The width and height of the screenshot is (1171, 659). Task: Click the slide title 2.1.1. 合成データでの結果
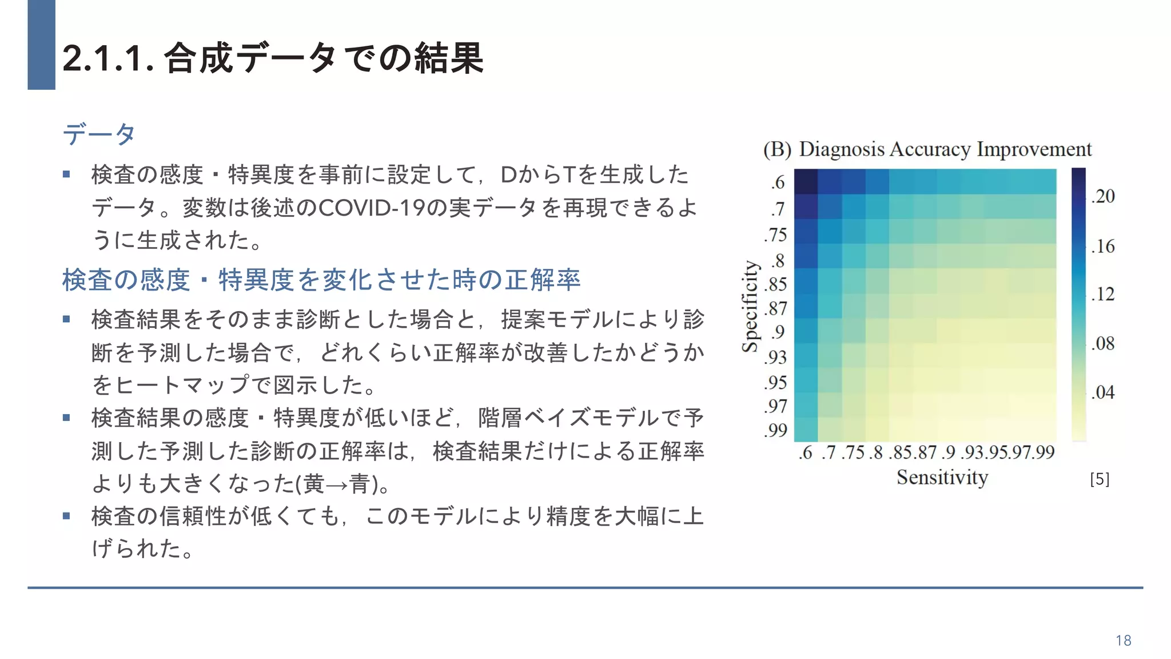pos(273,58)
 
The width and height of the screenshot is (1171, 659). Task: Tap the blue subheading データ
pos(99,134)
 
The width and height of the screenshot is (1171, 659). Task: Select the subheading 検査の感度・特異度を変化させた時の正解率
pos(321,280)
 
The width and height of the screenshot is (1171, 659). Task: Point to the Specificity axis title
pos(750,306)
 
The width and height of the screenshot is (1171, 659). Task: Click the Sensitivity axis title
pos(942,477)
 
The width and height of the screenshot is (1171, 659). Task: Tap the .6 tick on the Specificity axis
pos(778,182)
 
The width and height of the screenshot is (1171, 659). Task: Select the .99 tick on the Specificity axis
pos(775,430)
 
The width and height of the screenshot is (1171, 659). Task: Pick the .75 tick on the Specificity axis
pos(775,235)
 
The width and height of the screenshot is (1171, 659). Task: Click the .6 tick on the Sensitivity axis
pos(805,452)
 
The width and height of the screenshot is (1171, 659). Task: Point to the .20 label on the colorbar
pos(1103,196)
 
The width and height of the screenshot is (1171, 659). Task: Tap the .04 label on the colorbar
pos(1103,392)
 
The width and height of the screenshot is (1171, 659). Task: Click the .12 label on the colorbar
pos(1103,294)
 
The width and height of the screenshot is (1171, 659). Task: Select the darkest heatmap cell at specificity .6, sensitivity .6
pos(806,182)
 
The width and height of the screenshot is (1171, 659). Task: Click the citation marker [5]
pos(1100,479)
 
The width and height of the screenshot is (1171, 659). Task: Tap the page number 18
pos(1123,641)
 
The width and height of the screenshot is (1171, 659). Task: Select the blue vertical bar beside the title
pos(41,45)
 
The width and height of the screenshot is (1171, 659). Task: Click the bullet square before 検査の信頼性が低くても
pos(66,516)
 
